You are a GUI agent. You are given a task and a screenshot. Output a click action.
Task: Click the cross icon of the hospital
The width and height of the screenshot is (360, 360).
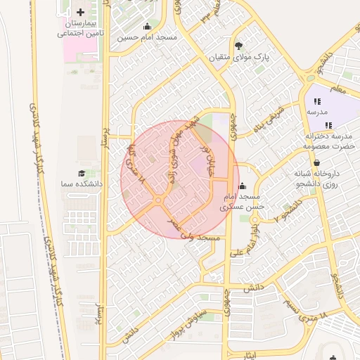(80, 13)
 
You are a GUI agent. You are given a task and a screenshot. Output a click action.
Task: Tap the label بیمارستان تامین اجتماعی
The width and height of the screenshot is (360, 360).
(80, 28)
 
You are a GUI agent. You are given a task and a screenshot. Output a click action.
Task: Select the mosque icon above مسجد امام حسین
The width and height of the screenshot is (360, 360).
(146, 27)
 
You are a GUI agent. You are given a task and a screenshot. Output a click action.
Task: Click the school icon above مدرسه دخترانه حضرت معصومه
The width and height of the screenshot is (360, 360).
(320, 125)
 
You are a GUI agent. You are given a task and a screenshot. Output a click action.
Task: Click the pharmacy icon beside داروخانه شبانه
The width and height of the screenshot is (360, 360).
(316, 163)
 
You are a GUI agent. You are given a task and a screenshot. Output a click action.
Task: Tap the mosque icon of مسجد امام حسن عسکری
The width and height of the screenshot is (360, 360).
(243, 186)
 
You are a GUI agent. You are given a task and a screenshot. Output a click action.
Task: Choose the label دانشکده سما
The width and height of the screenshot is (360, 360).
(82, 184)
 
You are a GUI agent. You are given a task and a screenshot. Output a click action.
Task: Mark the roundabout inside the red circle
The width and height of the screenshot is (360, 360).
(157, 201)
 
